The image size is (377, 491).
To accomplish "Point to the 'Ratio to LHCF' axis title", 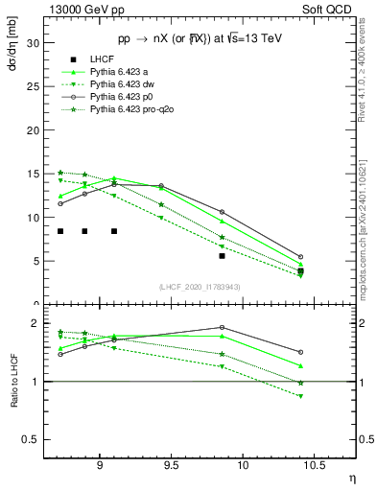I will pos(12,396).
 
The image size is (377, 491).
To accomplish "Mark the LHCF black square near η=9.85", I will pos(222,256).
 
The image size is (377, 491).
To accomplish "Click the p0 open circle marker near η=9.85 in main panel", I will pos(222,212).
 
